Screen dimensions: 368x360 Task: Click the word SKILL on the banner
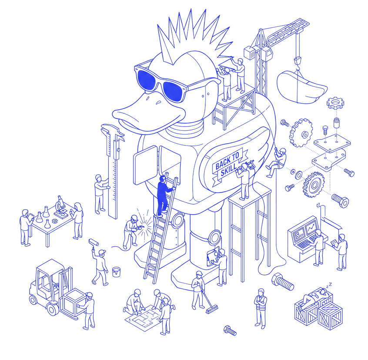(x=229, y=169)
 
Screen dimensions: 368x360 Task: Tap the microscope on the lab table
(x=61, y=206)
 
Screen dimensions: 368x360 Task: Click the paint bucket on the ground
(x=116, y=272)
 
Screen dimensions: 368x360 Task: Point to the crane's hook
(x=298, y=62)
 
